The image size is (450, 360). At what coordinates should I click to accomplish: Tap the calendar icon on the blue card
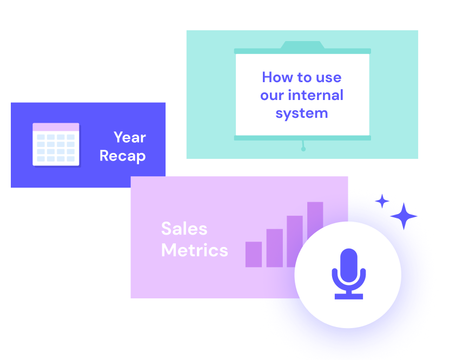56,144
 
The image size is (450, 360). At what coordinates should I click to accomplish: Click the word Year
130,137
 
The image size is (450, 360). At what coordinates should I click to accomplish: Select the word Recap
123,156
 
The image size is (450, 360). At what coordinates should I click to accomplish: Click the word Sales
184,229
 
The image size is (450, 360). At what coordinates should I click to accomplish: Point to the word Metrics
195,250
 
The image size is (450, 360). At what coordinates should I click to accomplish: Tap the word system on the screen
302,114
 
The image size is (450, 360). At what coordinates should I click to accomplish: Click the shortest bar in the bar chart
254,254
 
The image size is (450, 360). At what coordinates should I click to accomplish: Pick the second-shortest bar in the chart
274,248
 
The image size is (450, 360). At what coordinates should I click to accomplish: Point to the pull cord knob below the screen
303,149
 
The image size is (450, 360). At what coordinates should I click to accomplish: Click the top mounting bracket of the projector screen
302,45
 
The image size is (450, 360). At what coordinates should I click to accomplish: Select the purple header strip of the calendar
56,127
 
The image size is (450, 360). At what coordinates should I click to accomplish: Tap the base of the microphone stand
348,296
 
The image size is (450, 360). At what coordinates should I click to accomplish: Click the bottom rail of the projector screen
302,138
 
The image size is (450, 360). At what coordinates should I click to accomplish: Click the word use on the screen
329,77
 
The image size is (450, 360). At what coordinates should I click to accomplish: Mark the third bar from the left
294,241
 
